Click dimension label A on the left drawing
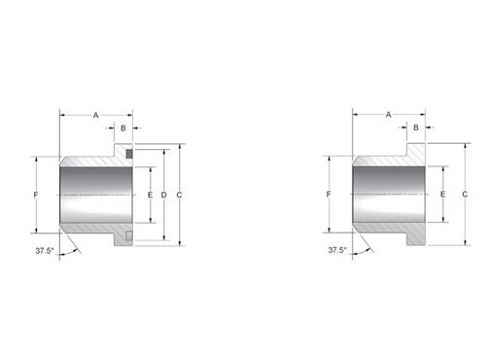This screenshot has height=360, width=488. tap(96, 115)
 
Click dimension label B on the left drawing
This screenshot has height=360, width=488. tap(123, 128)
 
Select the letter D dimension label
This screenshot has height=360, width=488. tap(164, 195)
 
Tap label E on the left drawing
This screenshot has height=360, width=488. tap(150, 195)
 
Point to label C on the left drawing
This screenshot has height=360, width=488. tap(179, 195)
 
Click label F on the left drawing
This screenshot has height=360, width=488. tap(36, 195)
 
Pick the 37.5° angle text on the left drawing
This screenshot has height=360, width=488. tap(45, 251)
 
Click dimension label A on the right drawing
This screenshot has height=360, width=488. tap(389, 115)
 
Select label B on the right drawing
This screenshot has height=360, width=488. tap(416, 127)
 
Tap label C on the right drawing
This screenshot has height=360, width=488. tap(465, 195)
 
